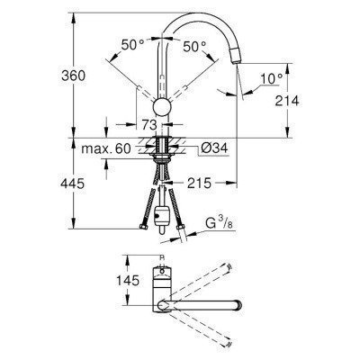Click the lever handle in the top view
coord(161,275)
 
